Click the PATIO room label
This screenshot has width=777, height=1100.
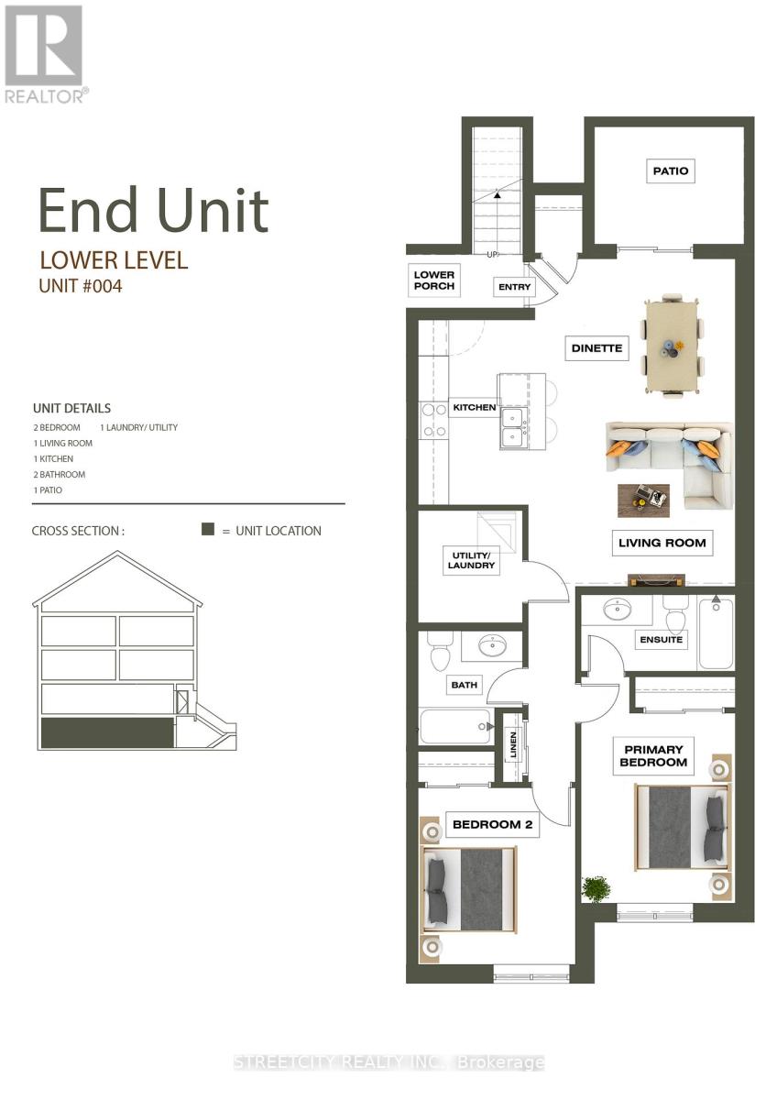(671, 170)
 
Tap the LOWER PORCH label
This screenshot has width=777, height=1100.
(433, 280)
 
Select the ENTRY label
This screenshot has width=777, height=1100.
(514, 287)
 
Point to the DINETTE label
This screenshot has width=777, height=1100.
(596, 348)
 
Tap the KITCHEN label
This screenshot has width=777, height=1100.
(474, 407)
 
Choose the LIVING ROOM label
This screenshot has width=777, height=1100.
(662, 543)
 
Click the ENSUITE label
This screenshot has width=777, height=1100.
(661, 640)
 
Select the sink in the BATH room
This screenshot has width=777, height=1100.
(493, 646)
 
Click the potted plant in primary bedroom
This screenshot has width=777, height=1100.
(596, 888)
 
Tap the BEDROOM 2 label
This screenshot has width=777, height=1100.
(492, 825)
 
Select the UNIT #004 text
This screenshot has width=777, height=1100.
(80, 286)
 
